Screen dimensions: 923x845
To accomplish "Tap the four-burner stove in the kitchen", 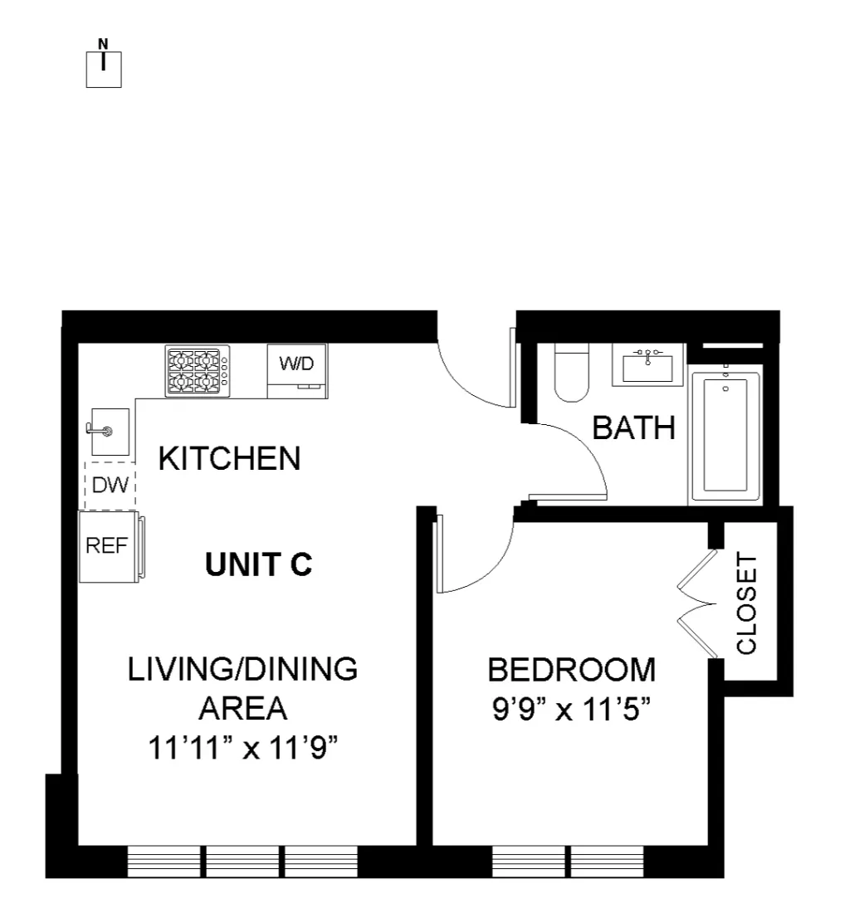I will (197, 369).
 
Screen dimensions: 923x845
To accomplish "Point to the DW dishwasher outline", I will (110, 486).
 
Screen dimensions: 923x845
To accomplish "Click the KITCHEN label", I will (229, 458).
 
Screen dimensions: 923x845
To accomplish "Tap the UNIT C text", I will (258, 564).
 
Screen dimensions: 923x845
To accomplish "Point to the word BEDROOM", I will (571, 669).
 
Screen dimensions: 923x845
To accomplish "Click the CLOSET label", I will (748, 604).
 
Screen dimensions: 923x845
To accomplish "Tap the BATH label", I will (633, 428).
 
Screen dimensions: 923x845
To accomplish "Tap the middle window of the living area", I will (242, 862).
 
